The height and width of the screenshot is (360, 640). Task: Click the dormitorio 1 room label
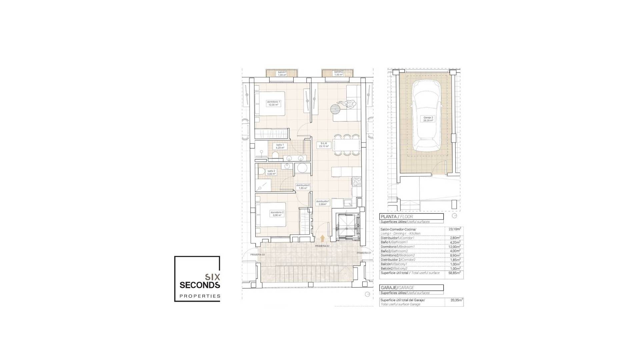click(273, 103)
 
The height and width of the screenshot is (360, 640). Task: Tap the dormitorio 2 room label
click(277, 214)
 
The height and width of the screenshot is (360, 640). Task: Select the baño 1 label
click(280, 146)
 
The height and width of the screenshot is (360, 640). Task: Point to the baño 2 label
click(271, 172)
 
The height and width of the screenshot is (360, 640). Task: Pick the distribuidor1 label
click(323, 203)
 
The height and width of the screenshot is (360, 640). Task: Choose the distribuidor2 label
click(303, 187)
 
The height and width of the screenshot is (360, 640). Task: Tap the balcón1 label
click(282, 73)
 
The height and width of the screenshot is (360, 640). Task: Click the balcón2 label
click(338, 73)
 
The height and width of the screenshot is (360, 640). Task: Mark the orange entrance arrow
click(322, 238)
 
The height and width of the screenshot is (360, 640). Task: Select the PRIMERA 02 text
click(322, 246)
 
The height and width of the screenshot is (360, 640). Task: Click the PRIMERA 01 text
click(364, 253)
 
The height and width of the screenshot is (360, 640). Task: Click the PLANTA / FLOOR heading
click(397, 217)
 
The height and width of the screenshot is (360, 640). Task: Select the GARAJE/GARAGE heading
click(397, 288)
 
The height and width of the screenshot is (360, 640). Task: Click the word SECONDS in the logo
click(200, 285)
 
